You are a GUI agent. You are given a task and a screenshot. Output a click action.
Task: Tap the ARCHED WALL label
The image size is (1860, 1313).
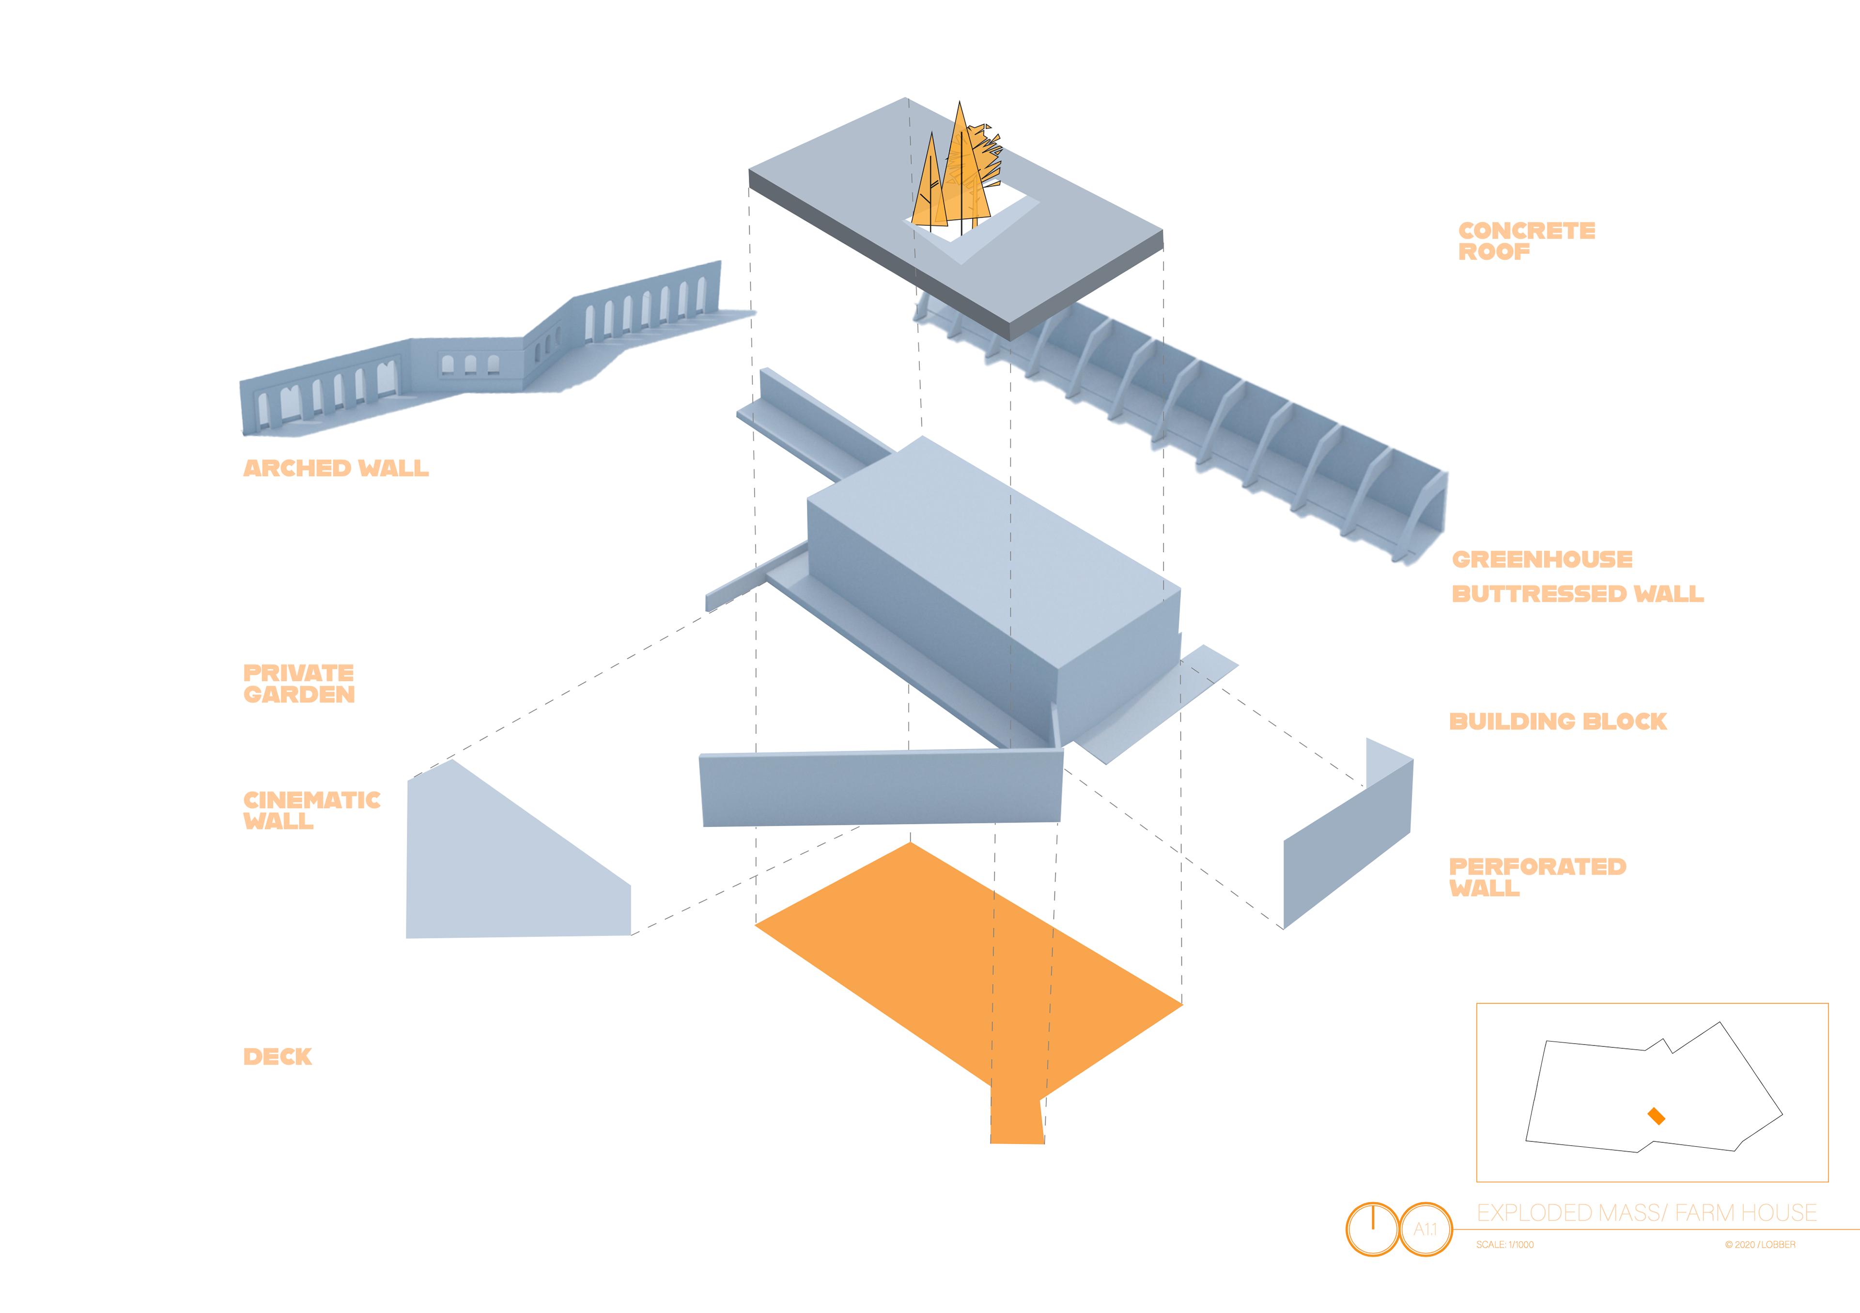tap(335, 469)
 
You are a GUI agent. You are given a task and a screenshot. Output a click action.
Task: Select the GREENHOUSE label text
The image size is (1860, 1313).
tap(1542, 559)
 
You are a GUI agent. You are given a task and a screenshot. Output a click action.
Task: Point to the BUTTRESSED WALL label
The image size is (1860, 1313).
tap(1577, 594)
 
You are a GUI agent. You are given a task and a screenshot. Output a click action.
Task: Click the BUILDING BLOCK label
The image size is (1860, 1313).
tap(1557, 721)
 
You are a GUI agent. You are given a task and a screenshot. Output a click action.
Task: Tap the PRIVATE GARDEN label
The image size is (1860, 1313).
tap(298, 683)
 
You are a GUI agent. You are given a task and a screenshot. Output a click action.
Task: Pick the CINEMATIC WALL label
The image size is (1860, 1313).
tap(311, 810)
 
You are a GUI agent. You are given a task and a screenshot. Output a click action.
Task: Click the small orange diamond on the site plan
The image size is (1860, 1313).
tap(1656, 1116)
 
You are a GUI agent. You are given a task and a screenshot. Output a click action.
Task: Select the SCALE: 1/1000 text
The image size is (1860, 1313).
tap(1504, 1244)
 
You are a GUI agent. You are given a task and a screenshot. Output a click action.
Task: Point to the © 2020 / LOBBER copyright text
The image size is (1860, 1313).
tap(1760, 1244)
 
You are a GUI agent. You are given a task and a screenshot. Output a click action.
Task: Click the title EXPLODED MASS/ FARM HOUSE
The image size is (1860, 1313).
tap(1646, 1213)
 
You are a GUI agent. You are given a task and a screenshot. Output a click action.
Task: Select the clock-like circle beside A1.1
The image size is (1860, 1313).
tap(1372, 1229)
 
